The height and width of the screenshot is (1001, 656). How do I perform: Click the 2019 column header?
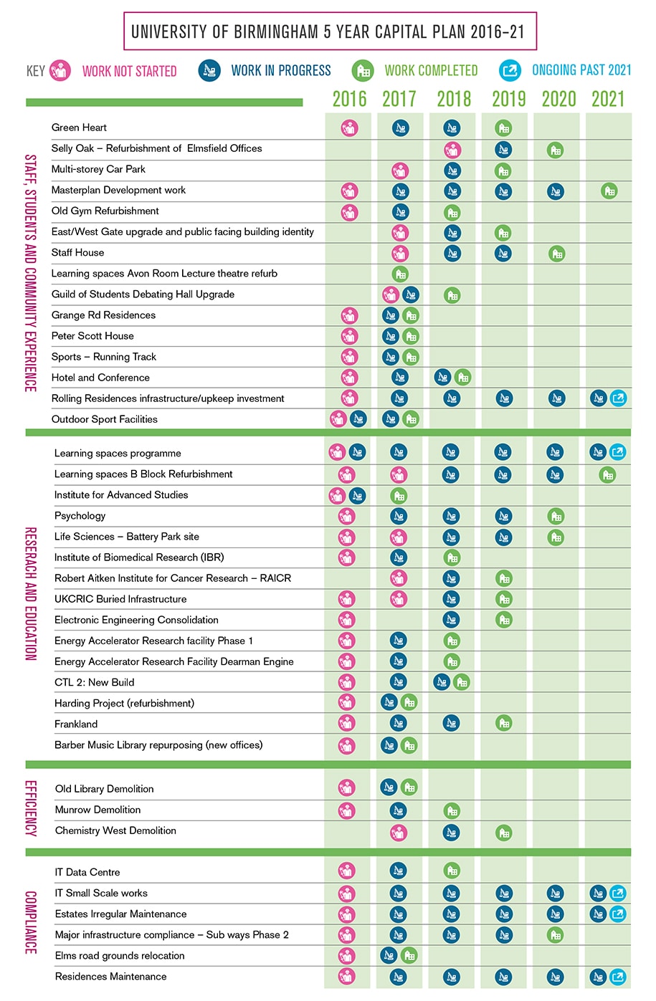point(508,99)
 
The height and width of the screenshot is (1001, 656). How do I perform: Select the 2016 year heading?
point(349,99)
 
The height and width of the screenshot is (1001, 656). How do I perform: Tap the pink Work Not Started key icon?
point(60,70)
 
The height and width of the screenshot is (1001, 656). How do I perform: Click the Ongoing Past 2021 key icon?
point(510,70)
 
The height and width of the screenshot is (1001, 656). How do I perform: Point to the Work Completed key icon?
point(363,70)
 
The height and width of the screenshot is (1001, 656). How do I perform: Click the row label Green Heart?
point(79,128)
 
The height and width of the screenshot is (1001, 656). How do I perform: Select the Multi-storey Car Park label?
point(98,169)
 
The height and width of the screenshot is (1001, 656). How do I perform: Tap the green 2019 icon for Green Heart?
point(503,128)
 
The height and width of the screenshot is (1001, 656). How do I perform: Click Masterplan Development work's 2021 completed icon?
point(609,191)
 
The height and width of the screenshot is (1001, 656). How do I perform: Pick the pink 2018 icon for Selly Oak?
point(452,150)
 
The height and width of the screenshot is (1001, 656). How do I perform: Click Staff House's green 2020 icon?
point(556,254)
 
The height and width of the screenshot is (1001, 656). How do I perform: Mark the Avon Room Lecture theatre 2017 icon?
point(400,274)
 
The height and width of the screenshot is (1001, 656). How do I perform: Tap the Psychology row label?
point(80,516)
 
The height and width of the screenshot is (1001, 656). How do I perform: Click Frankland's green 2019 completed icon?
point(504,724)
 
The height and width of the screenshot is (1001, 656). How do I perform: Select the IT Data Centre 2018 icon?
point(452,871)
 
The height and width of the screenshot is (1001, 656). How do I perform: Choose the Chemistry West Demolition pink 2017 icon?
point(399,833)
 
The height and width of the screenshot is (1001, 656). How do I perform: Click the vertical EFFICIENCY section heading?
point(31,808)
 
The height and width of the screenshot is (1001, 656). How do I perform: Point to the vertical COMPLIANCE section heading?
point(31,923)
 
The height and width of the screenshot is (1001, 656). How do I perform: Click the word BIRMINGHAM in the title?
point(275,32)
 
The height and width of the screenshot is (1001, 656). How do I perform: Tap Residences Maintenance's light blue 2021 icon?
point(617,977)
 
